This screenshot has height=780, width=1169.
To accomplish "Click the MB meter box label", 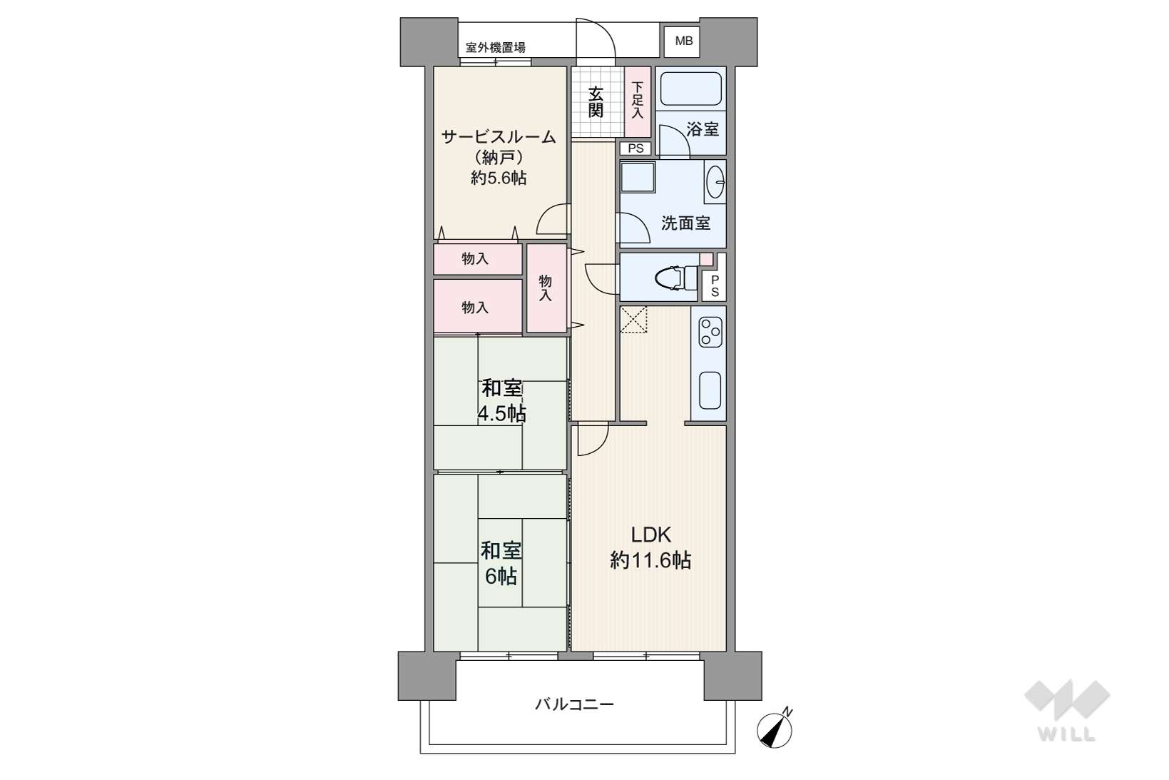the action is tap(684, 41).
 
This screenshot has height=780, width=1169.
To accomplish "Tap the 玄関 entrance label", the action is tap(596, 102).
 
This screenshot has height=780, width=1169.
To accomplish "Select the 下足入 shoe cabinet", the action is tap(638, 102).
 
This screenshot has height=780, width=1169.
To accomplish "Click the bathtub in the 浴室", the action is tap(691, 88).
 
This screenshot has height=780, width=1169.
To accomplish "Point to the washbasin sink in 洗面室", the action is tap(715, 182).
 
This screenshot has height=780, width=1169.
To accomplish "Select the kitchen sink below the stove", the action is tap(710, 390).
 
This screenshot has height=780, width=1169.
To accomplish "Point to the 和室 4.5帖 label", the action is tap(501, 400).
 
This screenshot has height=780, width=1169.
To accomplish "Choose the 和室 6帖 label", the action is tap(501, 563).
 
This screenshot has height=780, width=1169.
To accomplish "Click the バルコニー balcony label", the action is tap(574, 705).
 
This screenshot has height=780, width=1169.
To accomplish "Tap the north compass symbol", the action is tap(775, 729).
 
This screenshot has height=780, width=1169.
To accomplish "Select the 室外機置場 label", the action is tap(495, 48).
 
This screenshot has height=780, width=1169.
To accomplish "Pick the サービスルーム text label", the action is tap(499, 137).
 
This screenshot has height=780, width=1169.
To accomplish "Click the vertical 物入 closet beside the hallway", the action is tap(546, 288).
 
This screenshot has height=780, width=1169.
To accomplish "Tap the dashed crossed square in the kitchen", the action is tap(633, 320).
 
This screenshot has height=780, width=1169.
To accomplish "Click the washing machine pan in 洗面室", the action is tap(638, 177).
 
